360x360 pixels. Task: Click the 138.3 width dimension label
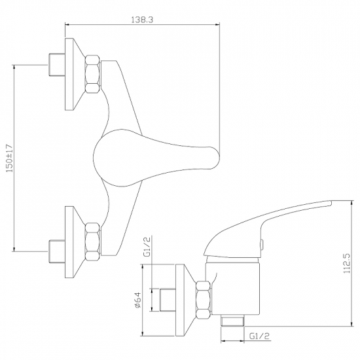pos(142,20)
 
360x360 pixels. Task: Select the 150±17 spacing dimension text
pos(9,158)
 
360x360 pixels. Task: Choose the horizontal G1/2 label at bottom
pos(259,336)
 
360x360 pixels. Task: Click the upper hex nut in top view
pos(93,74)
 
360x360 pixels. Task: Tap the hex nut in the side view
pos(204,300)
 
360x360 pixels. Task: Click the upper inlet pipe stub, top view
pos(57,65)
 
